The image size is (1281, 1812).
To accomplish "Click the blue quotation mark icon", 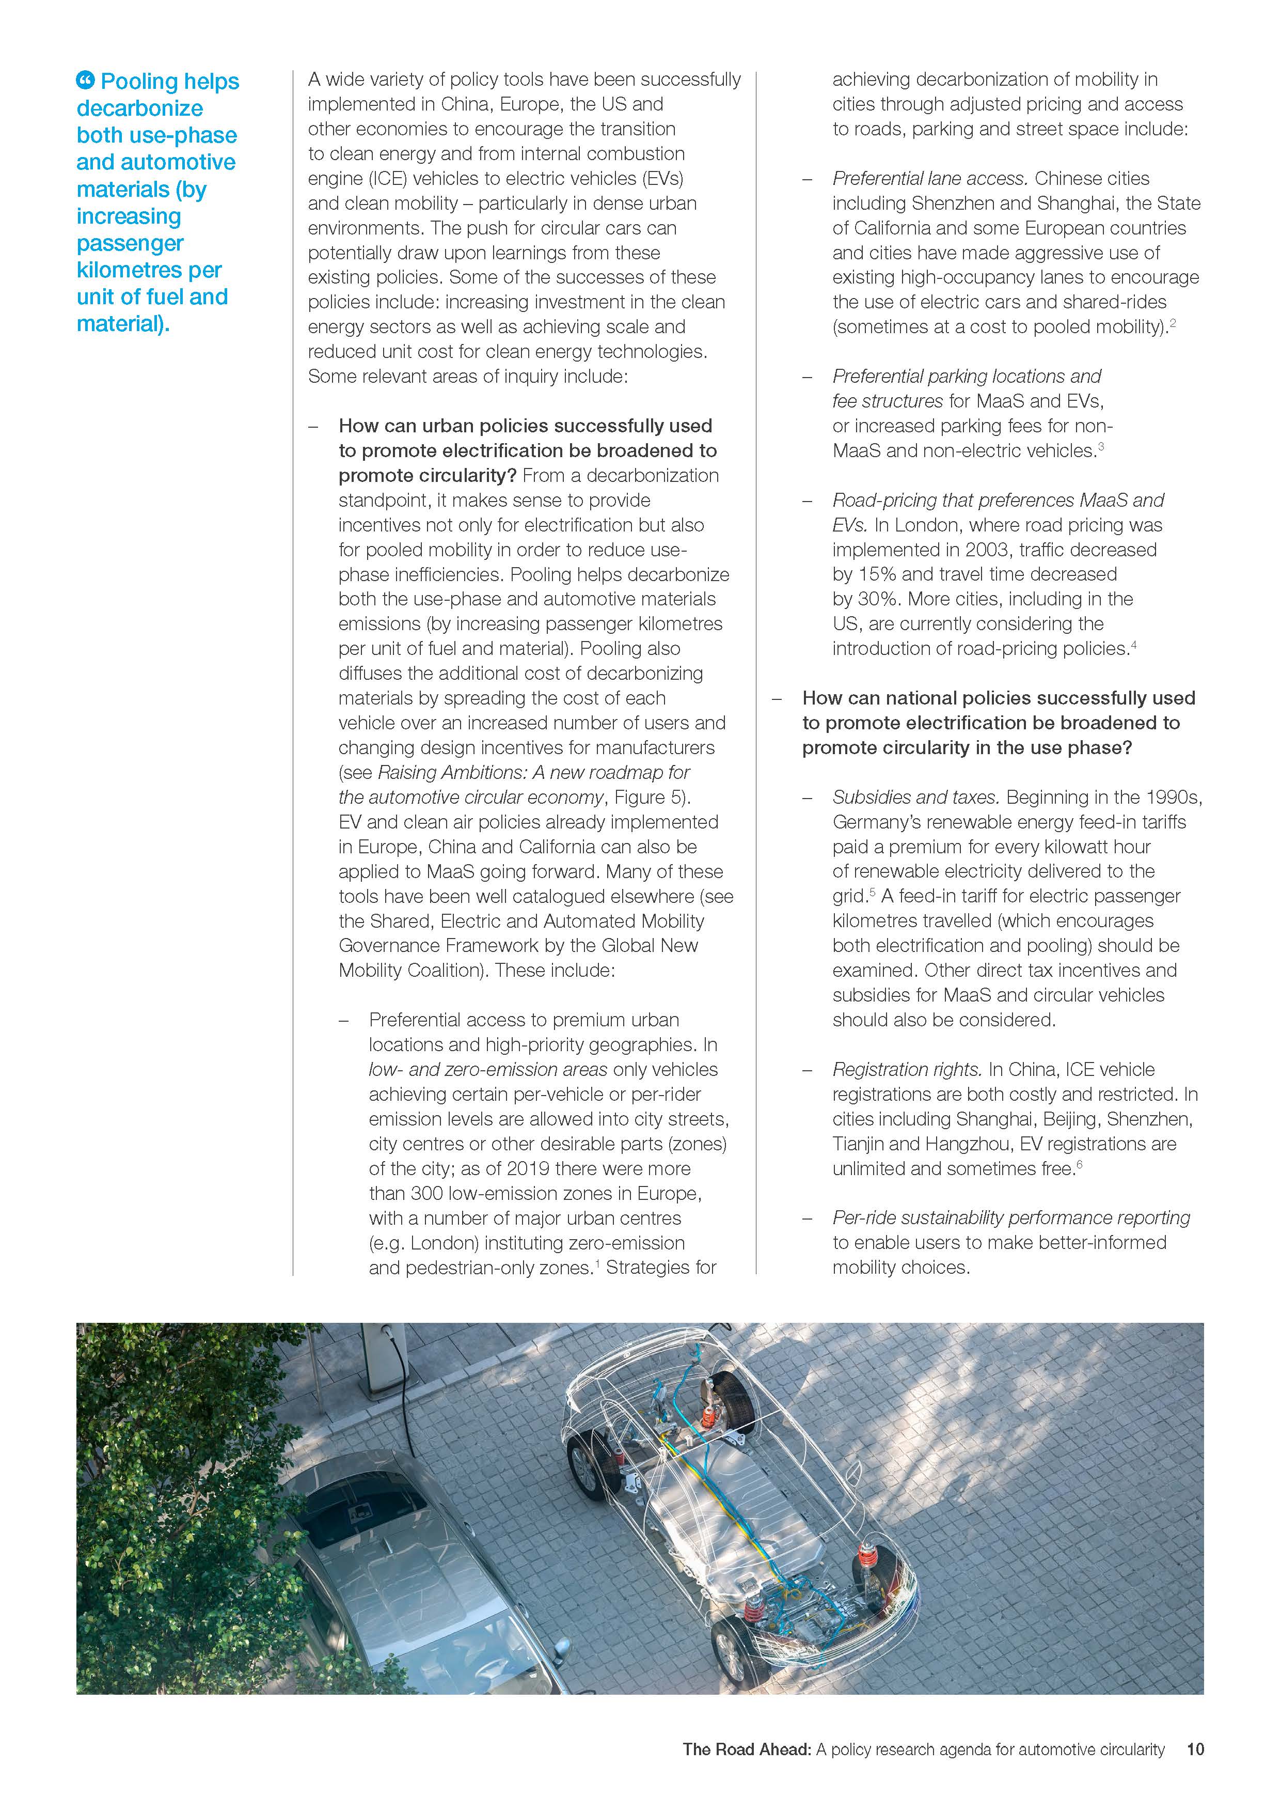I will point(85,81).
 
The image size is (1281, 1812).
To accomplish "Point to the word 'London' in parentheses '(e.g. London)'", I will point(445,1243).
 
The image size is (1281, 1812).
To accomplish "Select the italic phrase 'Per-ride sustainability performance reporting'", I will point(1010,1218).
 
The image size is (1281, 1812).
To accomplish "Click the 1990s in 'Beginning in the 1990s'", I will point(1173,797).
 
